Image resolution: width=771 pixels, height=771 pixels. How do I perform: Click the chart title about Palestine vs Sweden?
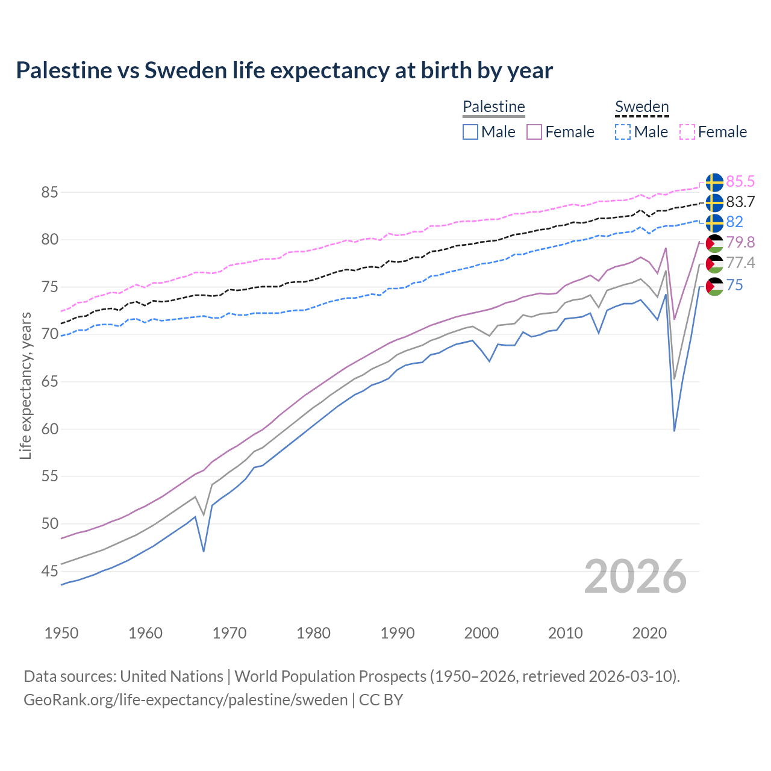click(284, 70)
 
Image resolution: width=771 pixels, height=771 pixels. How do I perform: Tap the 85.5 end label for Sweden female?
click(740, 181)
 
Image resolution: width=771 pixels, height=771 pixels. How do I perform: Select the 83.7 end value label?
click(740, 202)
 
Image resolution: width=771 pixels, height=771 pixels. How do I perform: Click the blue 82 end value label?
click(735, 222)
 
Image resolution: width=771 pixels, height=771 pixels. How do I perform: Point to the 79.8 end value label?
click(740, 242)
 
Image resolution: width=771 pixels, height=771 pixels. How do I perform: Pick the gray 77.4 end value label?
click(740, 263)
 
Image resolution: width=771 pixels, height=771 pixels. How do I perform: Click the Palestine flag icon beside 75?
click(714, 286)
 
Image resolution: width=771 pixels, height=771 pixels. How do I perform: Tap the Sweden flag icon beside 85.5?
click(714, 182)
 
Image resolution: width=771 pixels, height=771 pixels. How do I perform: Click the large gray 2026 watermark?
click(635, 576)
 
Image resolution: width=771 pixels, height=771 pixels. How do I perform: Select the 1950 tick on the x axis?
click(61, 633)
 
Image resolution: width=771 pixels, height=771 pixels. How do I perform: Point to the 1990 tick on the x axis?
click(398, 633)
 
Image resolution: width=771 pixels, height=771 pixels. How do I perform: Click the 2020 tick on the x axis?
click(649, 633)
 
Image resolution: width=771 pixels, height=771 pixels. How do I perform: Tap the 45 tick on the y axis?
click(49, 571)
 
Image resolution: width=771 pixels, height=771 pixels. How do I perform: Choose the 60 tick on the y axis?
click(49, 429)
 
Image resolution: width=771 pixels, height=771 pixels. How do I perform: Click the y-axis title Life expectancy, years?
click(25, 385)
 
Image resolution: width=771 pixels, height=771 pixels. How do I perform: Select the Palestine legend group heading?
click(494, 107)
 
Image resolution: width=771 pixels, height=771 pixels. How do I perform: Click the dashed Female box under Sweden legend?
click(687, 132)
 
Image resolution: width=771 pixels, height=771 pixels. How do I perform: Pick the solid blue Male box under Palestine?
click(470, 132)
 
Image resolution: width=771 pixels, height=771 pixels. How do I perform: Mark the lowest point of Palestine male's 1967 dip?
click(204, 551)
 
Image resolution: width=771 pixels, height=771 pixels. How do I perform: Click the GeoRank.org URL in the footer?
click(186, 700)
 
